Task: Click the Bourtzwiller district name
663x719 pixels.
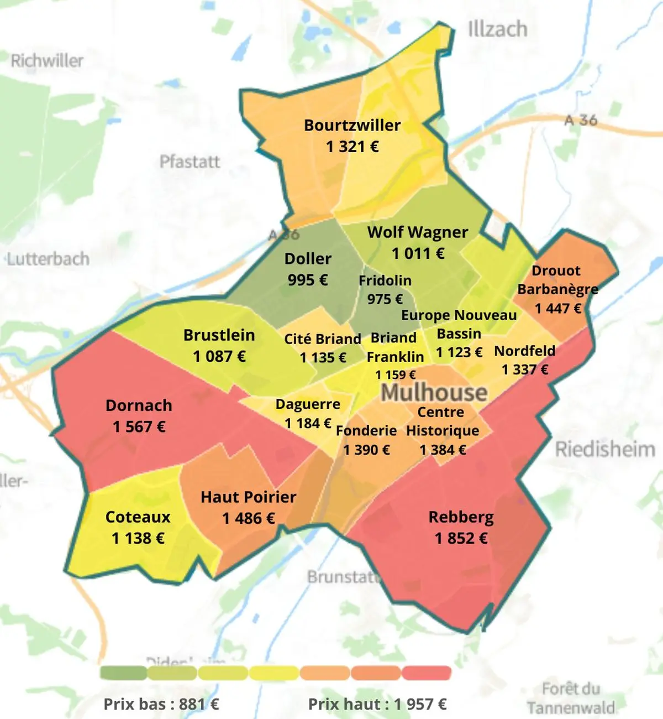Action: pyautogui.click(x=352, y=125)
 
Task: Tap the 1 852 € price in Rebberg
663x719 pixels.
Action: pyautogui.click(x=461, y=538)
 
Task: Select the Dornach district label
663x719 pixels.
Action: pyautogui.click(x=139, y=405)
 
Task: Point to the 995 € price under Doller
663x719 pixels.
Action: pyautogui.click(x=308, y=280)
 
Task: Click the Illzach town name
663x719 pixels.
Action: pyautogui.click(x=497, y=29)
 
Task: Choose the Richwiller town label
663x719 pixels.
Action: pyautogui.click(x=47, y=60)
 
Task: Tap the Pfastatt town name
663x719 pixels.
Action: pyautogui.click(x=190, y=161)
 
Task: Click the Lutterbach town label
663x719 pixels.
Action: pyautogui.click(x=48, y=258)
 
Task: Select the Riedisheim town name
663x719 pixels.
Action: pyautogui.click(x=604, y=449)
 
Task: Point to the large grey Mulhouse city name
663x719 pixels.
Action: pyautogui.click(x=434, y=393)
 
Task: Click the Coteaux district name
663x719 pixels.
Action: pyautogui.click(x=138, y=517)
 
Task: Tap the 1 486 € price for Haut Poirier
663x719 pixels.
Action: pyautogui.click(x=249, y=518)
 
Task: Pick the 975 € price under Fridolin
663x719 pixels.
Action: pyautogui.click(x=385, y=299)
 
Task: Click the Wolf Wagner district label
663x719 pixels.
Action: pyautogui.click(x=418, y=232)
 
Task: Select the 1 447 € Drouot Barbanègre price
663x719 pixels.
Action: pyautogui.click(x=558, y=308)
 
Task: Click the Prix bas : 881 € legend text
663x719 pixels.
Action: pyautogui.click(x=161, y=704)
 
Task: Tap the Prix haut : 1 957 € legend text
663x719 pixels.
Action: pyautogui.click(x=377, y=704)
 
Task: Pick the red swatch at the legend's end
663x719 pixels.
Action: pyautogui.click(x=427, y=673)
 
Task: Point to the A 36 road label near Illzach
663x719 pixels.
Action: pyautogui.click(x=581, y=119)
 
